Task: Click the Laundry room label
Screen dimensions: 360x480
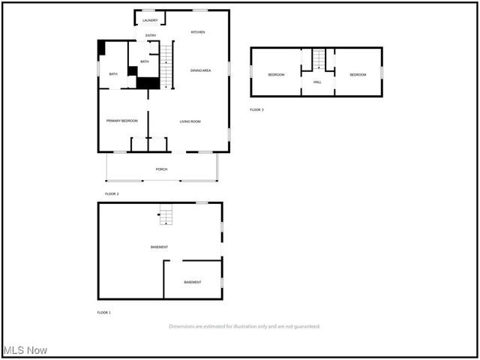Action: coord(150,20)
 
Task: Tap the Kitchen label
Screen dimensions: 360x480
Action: coord(198,32)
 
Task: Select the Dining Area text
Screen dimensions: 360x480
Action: coord(200,70)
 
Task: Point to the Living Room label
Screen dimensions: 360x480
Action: coord(190,121)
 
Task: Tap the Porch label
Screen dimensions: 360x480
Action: coord(161,169)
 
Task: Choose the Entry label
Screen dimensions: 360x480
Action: coord(151,36)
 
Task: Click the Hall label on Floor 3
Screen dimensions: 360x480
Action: coord(317,82)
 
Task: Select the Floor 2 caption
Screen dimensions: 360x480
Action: coord(112,194)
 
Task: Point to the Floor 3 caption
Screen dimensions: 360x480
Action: coord(256,110)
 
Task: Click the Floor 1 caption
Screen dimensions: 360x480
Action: coord(103,312)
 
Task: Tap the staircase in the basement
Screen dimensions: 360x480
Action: coord(165,217)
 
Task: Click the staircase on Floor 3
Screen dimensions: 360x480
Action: coord(320,58)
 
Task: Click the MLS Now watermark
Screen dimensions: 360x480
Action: coord(25,350)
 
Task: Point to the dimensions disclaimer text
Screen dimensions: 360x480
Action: coord(244,326)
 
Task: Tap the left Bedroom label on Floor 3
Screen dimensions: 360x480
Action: coord(277,74)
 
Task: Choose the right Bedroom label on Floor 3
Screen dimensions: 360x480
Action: coord(357,74)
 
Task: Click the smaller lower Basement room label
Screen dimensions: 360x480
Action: coord(193,282)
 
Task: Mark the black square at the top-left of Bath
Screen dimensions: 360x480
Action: coord(102,46)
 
